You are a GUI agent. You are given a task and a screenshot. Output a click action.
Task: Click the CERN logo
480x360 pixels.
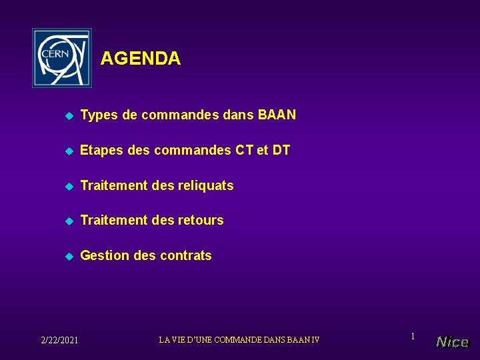tap(62, 58)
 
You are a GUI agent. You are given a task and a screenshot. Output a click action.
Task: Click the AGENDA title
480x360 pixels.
tap(140, 59)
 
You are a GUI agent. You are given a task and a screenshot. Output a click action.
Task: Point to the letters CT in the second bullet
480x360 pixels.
tap(244, 150)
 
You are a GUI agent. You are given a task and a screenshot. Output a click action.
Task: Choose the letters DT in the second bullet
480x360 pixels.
tap(281, 150)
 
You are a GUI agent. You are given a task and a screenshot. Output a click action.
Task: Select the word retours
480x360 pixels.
tap(201, 220)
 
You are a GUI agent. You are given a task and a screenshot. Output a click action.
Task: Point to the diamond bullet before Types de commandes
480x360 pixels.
tap(68, 116)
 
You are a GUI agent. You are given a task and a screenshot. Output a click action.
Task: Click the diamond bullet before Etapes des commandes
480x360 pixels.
tap(68, 151)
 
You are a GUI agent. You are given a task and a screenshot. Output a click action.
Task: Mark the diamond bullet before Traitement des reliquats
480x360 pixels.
tap(68, 187)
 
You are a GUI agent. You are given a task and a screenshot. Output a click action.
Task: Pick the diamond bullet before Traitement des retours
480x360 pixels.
tap(68, 221)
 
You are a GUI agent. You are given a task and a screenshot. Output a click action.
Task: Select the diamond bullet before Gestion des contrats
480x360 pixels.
tap(68, 257)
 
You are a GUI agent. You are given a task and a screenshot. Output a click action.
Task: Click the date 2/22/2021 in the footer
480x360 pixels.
tap(59, 341)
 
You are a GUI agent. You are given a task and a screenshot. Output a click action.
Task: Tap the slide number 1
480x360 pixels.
tap(412, 336)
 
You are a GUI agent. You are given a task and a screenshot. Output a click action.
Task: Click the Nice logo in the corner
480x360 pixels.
tap(452, 342)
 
